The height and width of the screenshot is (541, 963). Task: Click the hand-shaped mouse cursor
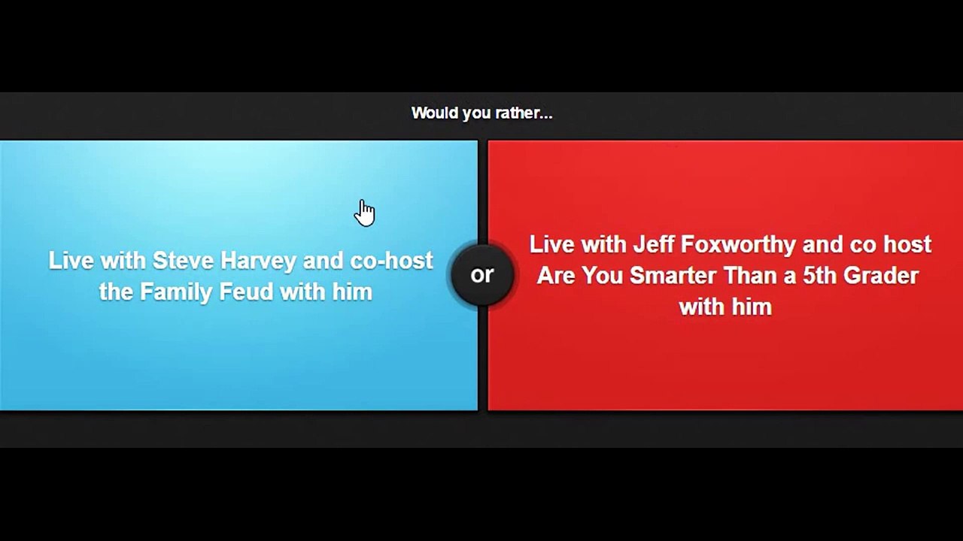(365, 213)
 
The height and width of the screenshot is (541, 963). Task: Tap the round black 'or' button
(482, 275)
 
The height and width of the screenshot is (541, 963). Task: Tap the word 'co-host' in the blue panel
(391, 261)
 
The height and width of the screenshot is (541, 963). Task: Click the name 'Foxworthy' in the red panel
(738, 245)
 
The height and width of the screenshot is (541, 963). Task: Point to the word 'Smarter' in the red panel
(667, 276)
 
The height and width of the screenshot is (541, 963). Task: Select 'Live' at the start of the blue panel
(71, 261)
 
